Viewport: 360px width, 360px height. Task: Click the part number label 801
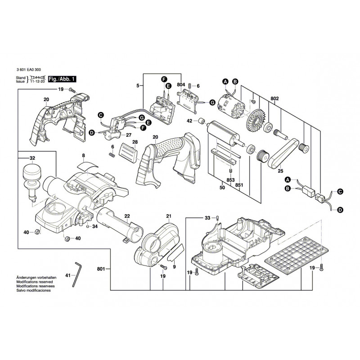(x=101, y=269)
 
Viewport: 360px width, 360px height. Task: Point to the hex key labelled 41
(x=76, y=273)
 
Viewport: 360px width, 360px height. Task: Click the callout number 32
(x=32, y=158)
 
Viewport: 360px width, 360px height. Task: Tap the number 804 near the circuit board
(x=181, y=84)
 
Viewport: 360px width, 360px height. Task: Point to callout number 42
(x=189, y=121)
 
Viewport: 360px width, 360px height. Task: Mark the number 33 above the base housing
(x=207, y=218)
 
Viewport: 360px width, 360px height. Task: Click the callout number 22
(x=127, y=216)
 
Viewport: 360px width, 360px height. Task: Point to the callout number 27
(x=128, y=135)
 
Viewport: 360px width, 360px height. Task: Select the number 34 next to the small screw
(x=95, y=226)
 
